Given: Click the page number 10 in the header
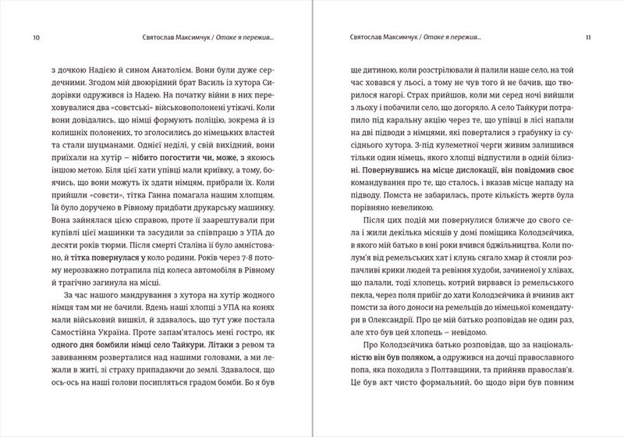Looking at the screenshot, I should click(29, 37).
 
